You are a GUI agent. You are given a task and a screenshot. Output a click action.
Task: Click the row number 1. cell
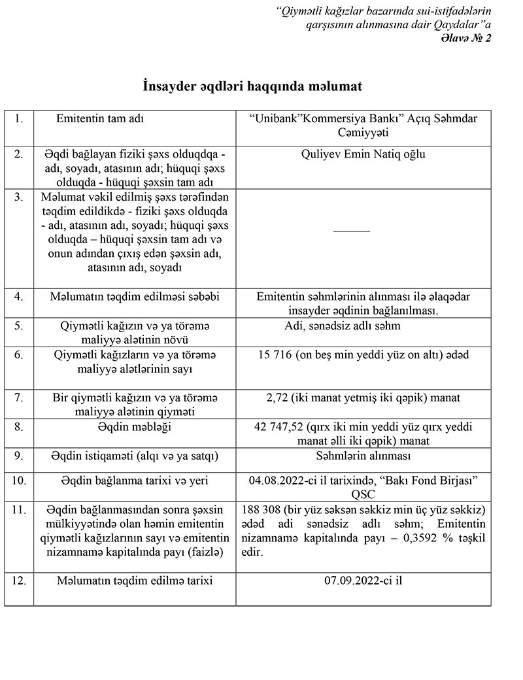point(18,120)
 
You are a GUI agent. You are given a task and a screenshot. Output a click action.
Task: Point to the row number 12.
point(20,579)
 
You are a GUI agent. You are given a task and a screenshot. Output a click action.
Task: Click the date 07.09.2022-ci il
point(363,579)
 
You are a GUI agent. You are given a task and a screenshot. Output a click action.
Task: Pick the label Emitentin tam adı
point(100,120)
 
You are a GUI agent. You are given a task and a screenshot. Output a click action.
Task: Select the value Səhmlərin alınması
point(363,456)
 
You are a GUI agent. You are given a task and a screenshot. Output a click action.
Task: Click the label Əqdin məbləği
point(134,426)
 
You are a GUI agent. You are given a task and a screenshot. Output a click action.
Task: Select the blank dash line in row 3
point(352,231)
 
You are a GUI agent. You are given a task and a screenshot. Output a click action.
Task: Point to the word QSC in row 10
point(363,494)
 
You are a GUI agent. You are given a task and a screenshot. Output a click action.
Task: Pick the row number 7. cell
point(18,398)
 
